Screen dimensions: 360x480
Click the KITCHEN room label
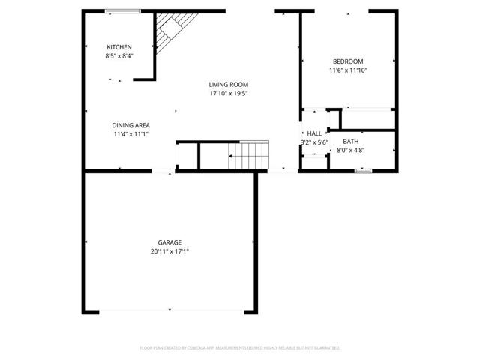tap(119, 46)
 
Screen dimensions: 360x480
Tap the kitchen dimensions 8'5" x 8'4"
tap(119, 55)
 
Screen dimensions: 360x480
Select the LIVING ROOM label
tap(229, 85)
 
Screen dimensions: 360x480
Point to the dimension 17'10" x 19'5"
tap(229, 94)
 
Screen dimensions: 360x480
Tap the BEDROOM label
tap(348, 61)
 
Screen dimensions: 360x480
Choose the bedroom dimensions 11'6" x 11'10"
tap(348, 70)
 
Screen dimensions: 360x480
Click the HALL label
tap(314, 133)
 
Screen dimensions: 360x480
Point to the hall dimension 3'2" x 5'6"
tap(314, 142)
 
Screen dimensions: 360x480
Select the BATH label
tap(351, 142)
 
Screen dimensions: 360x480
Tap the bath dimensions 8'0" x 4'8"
tap(351, 151)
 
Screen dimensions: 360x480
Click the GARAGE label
tap(169, 242)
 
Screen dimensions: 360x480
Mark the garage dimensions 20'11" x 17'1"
tap(169, 251)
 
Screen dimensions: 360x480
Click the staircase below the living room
tap(248, 155)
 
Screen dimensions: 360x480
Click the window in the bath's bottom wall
tap(363, 171)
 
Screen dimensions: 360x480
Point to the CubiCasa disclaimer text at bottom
tap(240, 348)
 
